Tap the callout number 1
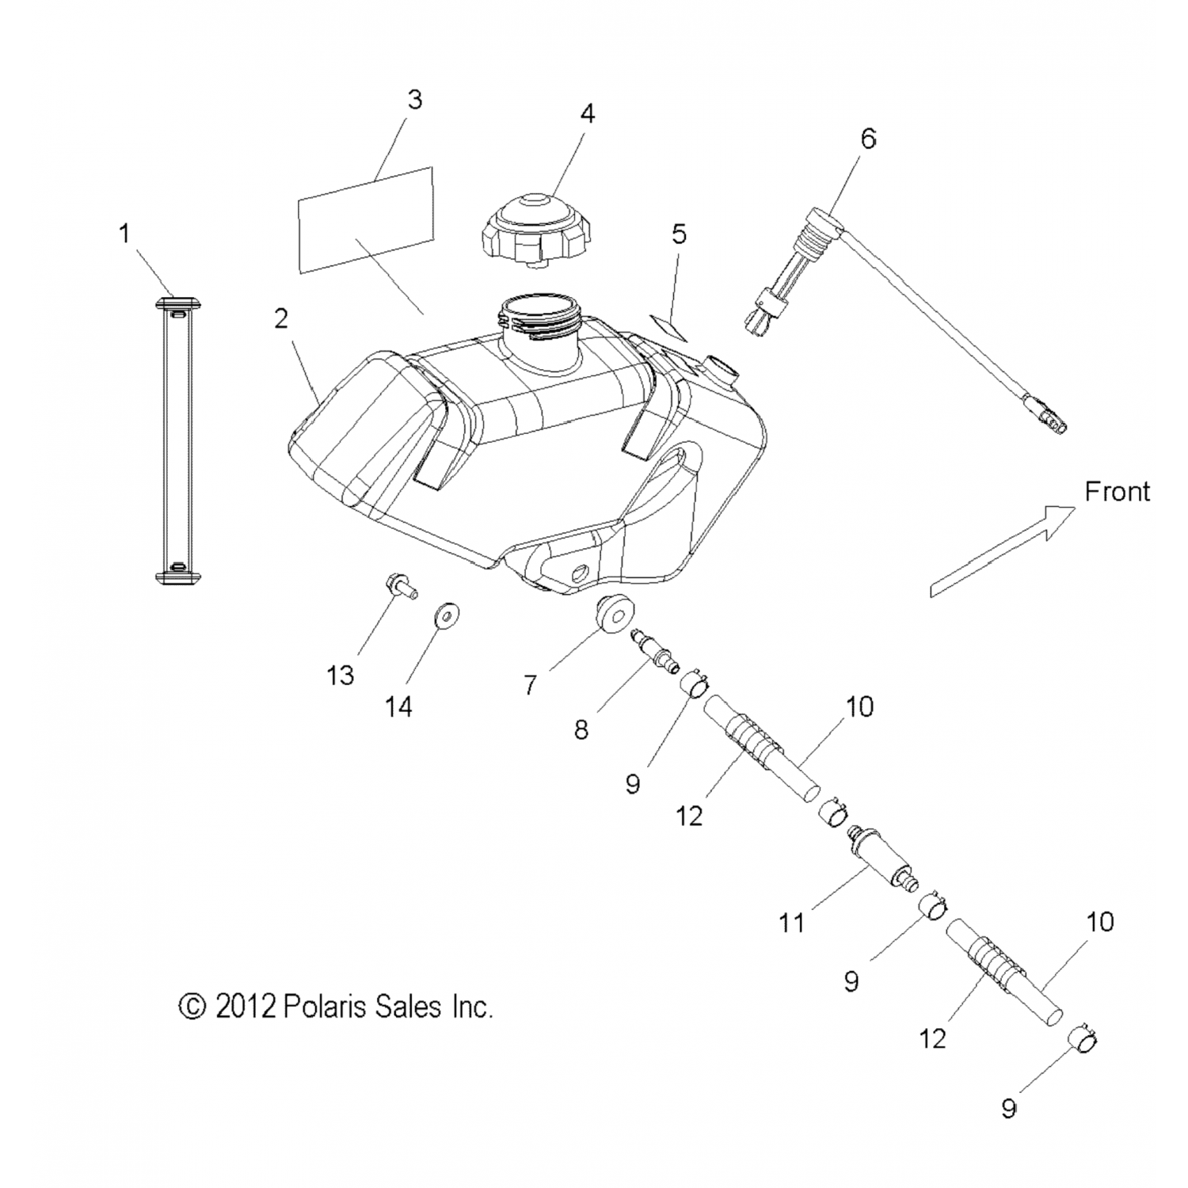tap(124, 234)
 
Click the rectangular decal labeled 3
tap(366, 220)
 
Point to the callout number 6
tap(868, 139)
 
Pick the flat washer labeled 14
tap(449, 615)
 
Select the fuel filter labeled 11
tap(881, 862)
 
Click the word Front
tap(1117, 492)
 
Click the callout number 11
tap(791, 923)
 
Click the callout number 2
tap(281, 319)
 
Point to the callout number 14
tap(398, 706)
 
